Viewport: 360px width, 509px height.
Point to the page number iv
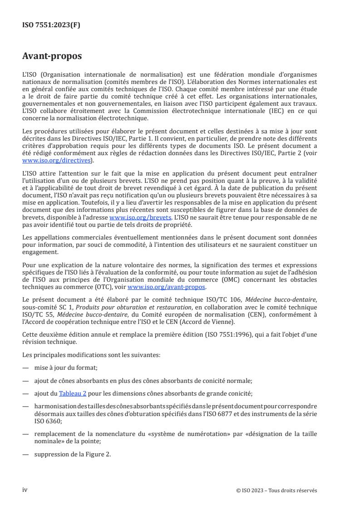tap(25, 490)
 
